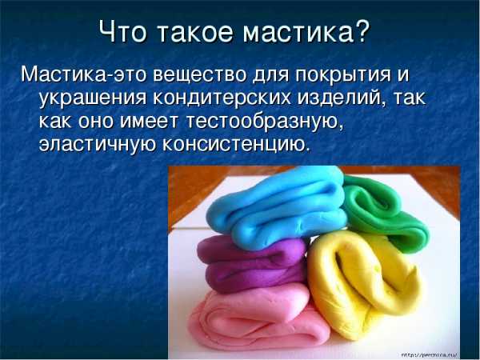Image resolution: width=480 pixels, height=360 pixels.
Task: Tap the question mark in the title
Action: (x=362, y=31)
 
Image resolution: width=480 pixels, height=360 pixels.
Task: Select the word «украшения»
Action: (x=93, y=99)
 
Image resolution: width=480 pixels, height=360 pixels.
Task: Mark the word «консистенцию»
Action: (x=234, y=144)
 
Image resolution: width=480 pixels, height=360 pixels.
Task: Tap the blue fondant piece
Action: (x=275, y=208)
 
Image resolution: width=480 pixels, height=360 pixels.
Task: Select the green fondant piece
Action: (x=382, y=211)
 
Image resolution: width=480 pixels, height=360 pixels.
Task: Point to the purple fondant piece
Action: (x=251, y=263)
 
